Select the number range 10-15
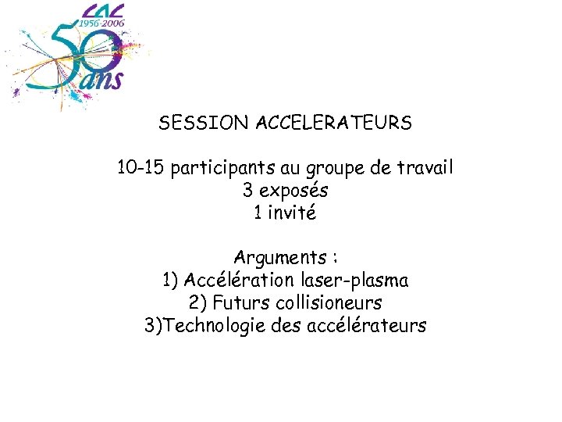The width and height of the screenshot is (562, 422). click(140, 167)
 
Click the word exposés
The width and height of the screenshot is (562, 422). click(293, 191)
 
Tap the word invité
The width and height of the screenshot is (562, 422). click(292, 213)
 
